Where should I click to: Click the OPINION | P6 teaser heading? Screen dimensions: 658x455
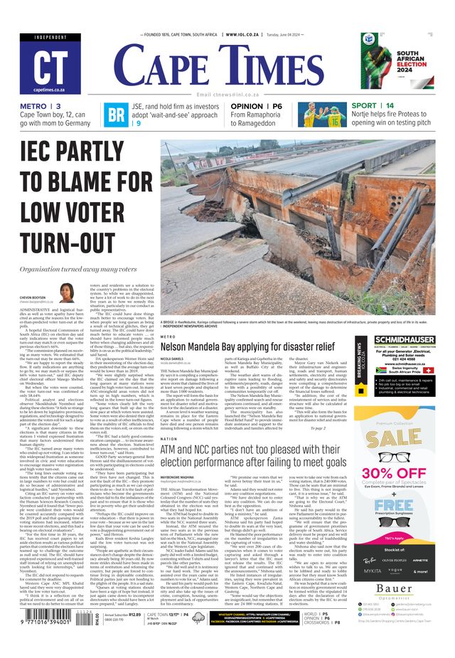tap(256, 106)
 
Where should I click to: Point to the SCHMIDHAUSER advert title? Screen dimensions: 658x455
tap(404, 341)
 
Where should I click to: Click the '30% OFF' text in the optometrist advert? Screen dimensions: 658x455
tap(404, 473)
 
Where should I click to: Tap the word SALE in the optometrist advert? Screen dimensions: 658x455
tap(404, 437)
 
